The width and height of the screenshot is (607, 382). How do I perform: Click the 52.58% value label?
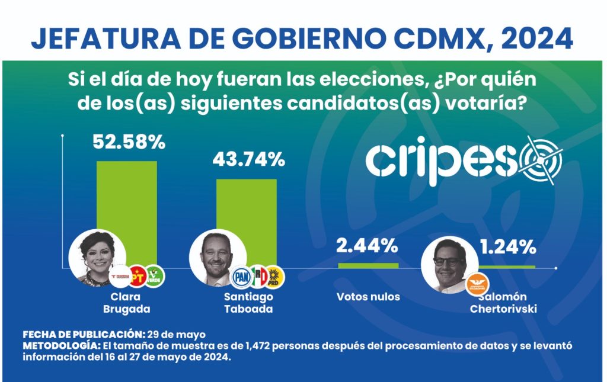point(129,143)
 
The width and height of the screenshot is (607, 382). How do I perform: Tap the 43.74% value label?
point(248,159)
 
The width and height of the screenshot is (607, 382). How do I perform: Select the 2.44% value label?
point(366,244)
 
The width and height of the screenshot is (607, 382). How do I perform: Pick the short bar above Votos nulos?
point(368,265)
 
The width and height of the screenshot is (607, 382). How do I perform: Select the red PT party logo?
point(138,275)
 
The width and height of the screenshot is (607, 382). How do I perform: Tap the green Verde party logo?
point(155,275)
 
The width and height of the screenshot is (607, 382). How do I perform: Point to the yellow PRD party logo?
point(275,275)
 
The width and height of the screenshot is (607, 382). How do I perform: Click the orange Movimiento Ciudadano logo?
point(477,282)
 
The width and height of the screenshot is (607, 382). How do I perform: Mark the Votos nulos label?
point(368,297)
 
